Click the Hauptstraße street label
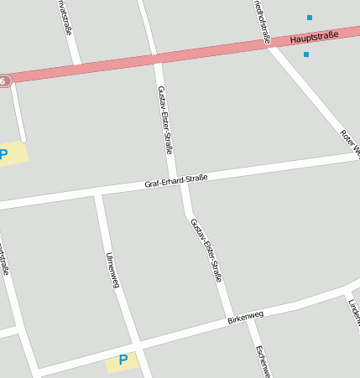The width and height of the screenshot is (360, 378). click(x=314, y=37)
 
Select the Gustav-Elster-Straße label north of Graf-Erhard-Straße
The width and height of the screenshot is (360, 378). click(x=164, y=120)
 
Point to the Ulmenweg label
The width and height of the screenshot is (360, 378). click(x=112, y=270)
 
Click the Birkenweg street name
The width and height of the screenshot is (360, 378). click(x=245, y=317)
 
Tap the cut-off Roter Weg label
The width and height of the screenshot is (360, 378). click(x=350, y=142)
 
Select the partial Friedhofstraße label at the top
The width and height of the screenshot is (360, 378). click(x=262, y=20)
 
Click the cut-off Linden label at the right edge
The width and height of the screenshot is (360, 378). click(x=353, y=311)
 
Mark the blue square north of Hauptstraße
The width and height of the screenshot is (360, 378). click(x=310, y=18)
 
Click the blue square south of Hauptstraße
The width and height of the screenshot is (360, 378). click(x=306, y=54)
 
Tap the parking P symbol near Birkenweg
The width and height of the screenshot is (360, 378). click(x=123, y=360)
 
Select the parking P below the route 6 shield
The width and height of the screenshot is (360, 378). click(x=3, y=154)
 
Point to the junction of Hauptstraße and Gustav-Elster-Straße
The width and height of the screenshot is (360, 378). click(x=154, y=59)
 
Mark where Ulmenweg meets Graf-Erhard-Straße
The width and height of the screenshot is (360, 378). click(x=98, y=195)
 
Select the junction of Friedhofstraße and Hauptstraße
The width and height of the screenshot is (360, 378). click(x=267, y=44)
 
